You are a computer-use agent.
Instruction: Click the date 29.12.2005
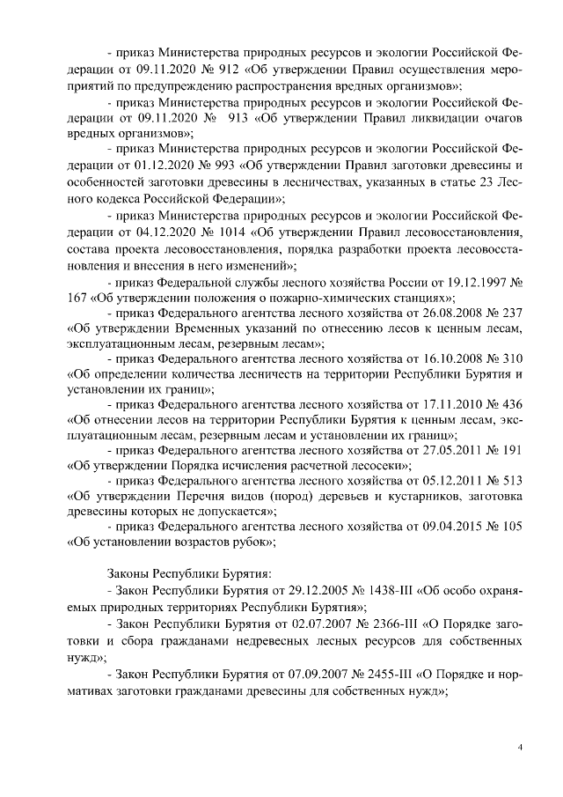coord(285,590)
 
